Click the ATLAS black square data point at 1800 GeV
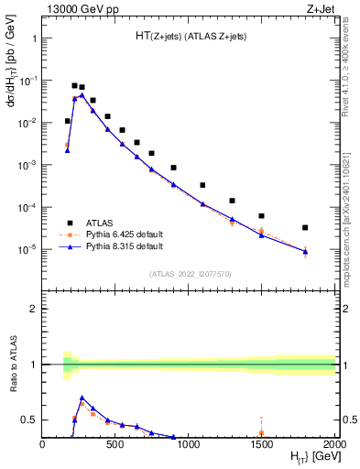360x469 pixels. (305, 227)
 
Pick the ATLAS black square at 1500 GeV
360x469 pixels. (261, 216)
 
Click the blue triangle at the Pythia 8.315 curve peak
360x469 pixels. (82, 95)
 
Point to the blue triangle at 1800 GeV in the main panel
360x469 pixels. (305, 251)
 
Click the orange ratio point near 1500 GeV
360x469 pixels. (261, 432)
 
